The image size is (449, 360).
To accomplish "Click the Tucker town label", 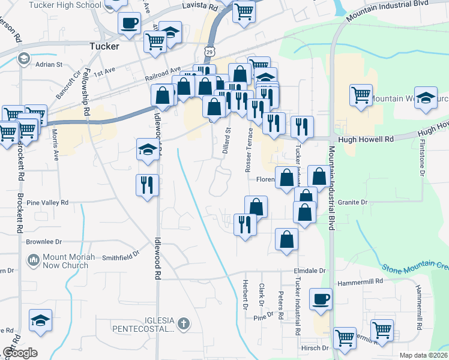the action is pos(104,46).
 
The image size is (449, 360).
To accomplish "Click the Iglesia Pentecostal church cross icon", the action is pos(184,325).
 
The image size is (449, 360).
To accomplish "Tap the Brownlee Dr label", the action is pos(44,242).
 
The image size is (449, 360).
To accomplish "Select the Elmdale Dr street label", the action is pos(309,271).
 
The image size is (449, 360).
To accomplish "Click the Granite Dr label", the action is pos(352,203).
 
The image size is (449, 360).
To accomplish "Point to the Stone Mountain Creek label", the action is pos(414,265).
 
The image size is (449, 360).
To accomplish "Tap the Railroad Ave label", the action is pos(163,74).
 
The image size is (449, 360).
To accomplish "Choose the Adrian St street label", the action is pos(49,64).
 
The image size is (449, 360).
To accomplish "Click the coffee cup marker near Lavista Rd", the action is pos(129,24).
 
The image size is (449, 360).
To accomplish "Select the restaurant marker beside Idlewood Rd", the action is pos(147,185).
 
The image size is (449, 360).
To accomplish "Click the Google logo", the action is pos(20,353).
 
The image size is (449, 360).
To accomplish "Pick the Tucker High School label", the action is pos(72,5).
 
